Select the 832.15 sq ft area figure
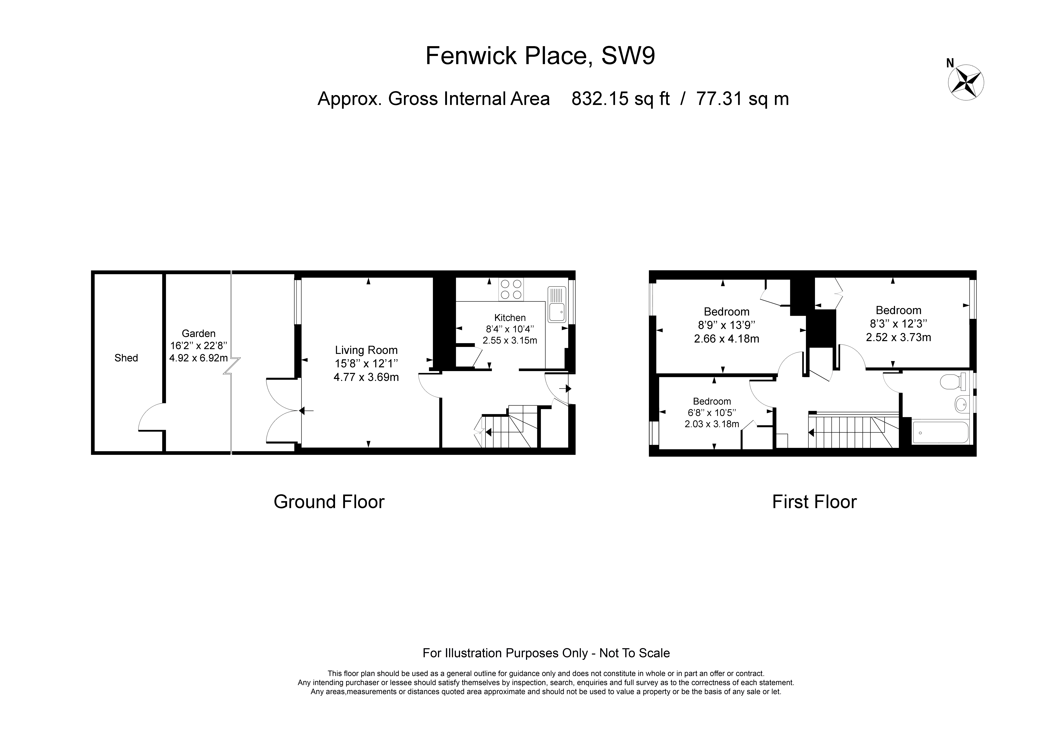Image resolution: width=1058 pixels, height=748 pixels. [620, 99]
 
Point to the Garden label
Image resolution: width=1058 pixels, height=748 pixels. [199, 333]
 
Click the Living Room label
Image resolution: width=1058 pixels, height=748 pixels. [366, 350]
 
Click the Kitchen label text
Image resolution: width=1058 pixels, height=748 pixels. [510, 318]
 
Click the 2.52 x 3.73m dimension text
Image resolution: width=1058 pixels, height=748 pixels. [899, 337]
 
